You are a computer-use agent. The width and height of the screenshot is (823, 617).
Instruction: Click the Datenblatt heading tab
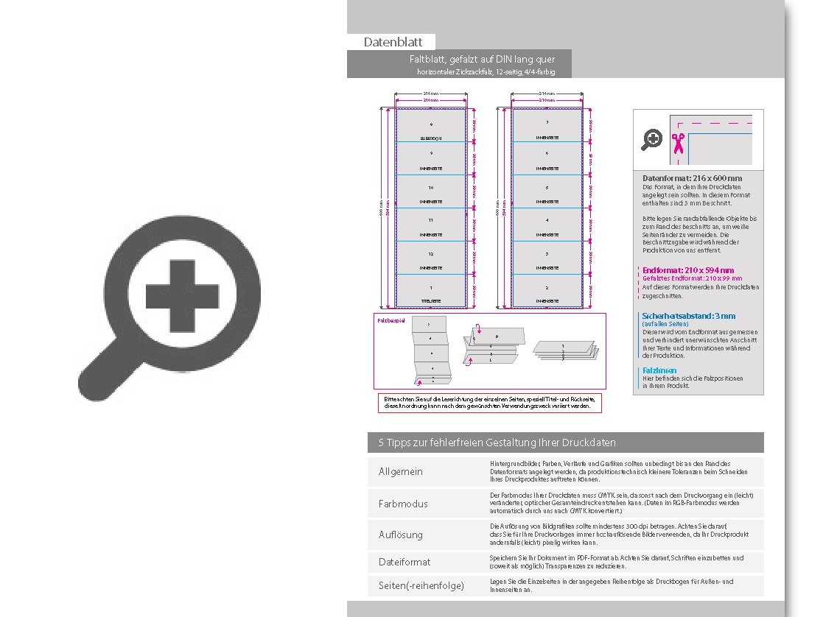(391, 42)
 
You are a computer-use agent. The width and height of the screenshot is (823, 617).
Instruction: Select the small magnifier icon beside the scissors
(652, 139)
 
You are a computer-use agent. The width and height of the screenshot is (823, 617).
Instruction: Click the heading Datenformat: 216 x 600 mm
(692, 178)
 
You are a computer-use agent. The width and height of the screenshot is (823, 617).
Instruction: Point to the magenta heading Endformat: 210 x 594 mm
(688, 270)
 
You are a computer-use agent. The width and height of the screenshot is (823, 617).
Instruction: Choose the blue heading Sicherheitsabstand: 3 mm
(688, 316)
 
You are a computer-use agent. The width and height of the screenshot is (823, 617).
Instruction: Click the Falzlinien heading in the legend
(659, 370)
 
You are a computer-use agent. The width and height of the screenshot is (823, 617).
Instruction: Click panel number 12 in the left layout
(431, 258)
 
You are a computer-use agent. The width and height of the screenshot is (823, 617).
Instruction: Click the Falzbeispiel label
(391, 320)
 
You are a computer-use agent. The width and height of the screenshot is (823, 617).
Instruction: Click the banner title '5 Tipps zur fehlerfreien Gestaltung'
(497, 443)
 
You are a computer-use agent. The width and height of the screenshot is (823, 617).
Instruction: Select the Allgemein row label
(401, 471)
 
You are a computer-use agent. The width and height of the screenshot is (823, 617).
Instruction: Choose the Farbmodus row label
(403, 504)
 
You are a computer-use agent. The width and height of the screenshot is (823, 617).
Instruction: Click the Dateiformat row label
(405, 562)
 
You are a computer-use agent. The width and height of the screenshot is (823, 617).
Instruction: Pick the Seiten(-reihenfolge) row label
(421, 585)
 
